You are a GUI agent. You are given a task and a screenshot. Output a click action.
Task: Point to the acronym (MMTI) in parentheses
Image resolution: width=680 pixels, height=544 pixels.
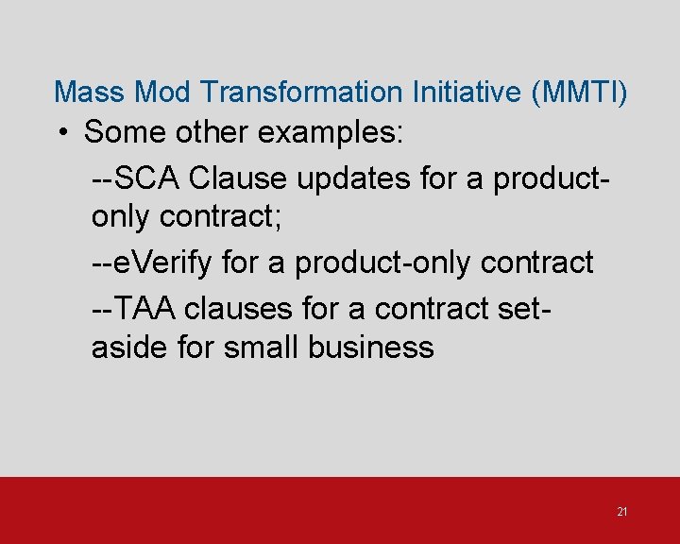point(578,92)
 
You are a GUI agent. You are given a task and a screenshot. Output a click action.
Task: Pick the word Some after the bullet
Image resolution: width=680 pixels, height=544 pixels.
point(123,132)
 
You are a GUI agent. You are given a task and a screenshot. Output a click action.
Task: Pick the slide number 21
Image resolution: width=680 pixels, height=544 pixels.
point(621,512)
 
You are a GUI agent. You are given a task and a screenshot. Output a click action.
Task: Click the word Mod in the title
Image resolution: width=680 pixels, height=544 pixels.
point(164,92)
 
